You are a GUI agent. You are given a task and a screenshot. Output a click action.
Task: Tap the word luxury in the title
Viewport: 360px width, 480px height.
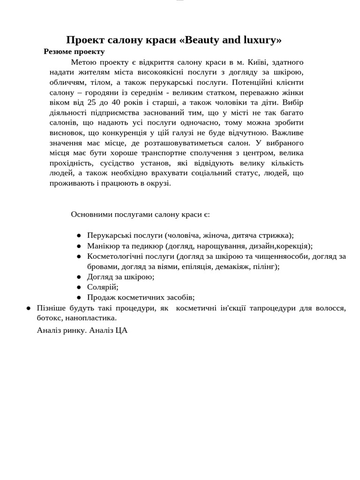pos(258,40)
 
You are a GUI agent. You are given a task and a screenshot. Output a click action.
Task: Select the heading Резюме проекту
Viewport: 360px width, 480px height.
pos(74,52)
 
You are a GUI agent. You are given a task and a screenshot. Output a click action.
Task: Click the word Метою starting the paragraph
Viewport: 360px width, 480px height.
pos(83,62)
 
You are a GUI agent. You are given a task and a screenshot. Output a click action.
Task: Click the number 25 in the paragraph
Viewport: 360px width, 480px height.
pos(92,102)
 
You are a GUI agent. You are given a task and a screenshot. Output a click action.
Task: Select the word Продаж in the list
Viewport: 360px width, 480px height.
pos(100,297)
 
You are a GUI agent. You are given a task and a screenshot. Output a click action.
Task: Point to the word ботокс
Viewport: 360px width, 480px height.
pos(49,318)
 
